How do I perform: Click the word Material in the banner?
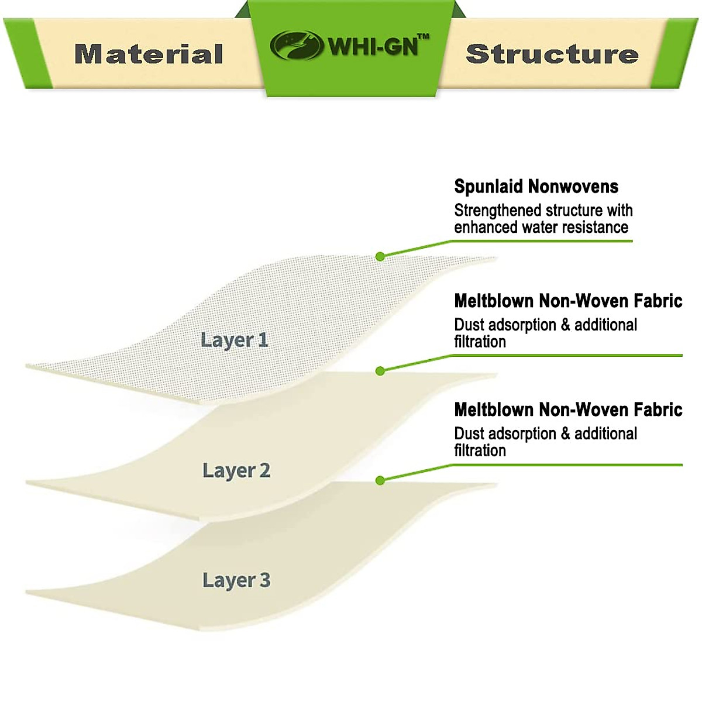tap(149, 54)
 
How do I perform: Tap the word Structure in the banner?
tap(552, 54)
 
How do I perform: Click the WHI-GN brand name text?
tap(373, 47)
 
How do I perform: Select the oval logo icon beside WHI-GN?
tap(297, 45)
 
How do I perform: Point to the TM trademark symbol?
tap(424, 36)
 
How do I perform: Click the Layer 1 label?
tap(234, 340)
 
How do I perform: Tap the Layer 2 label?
tap(236, 471)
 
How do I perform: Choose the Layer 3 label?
tap(236, 580)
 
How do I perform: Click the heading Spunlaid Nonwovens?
tap(536, 187)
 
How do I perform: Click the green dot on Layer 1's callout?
tap(380, 256)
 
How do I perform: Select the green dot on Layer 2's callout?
tap(380, 371)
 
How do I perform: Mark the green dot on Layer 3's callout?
tap(380, 481)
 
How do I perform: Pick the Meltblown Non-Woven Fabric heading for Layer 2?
tap(568, 301)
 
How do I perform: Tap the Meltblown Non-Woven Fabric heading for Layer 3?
tap(568, 410)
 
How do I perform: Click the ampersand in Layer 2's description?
tap(565, 325)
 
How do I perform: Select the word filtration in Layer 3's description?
tap(480, 450)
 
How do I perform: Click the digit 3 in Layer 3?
tap(265, 580)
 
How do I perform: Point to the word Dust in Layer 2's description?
tap(469, 325)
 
